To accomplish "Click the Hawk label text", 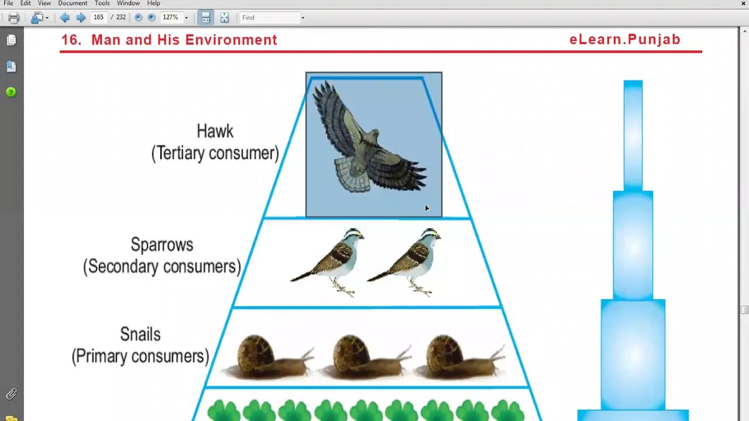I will pos(215,131).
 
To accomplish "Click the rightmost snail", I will pos(459,357).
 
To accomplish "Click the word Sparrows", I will pos(162,244).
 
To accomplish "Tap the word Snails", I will pos(140,334).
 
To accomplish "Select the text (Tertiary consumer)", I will pos(215,153).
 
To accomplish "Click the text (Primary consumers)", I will pos(140,356).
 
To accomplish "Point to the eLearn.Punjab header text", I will pos(624,40).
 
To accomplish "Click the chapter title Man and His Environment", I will pos(184,40).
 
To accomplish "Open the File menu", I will pos(8,4).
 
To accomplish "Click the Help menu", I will pos(153,4).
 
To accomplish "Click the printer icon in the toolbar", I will pos(13,18).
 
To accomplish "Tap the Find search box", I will pos(269,18).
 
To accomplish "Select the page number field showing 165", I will pos(98,18).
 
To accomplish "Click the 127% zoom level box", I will pos(171,18).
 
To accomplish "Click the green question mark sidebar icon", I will pos(11,92).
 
